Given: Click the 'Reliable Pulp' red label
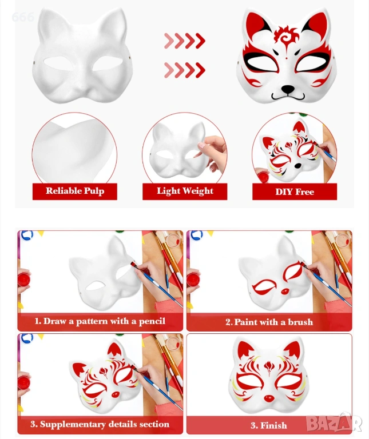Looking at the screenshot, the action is pos(75,191).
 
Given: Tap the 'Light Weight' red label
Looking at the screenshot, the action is pos(185,191).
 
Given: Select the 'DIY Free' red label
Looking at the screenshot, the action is pos(295,191).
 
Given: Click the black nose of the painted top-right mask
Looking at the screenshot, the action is pos(288,90).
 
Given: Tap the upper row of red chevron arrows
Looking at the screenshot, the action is pos(185,41).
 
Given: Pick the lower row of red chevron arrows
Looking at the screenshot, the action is pos(185,70).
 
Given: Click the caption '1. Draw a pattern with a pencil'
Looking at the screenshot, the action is pos(100,321).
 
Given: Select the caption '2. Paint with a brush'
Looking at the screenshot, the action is pos(269,322).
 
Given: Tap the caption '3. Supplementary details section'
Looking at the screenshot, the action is pos(100,424).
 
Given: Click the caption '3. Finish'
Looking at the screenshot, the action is pos(269,425).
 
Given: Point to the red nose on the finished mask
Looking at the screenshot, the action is pos(269,398).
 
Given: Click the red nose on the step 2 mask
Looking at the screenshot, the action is pos(285,292).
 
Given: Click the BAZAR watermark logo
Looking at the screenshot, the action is pos(334,423).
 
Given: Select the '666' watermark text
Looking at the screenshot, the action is pos(23,17).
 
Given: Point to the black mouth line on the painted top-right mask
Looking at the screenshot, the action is pos(288,97).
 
